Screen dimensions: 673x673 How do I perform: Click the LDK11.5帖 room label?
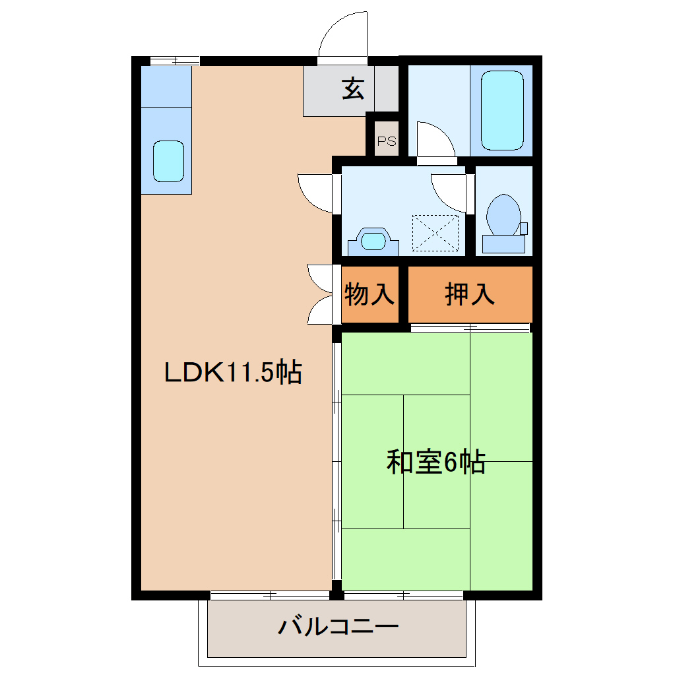pyautogui.click(x=233, y=373)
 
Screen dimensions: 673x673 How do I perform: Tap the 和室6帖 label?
pyautogui.click(x=436, y=462)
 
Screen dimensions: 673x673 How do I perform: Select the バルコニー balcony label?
pyautogui.click(x=338, y=625)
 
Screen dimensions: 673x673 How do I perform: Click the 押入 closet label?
pyautogui.click(x=470, y=294)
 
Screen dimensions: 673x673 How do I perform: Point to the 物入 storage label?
pyautogui.click(x=370, y=294)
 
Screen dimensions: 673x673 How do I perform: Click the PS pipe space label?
pyautogui.click(x=387, y=141)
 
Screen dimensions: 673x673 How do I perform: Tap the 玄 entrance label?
pyautogui.click(x=353, y=88)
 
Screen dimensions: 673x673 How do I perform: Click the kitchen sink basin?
pyautogui.click(x=168, y=161)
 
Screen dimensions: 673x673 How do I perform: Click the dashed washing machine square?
pyautogui.click(x=435, y=232)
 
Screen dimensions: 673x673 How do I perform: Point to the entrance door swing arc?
pyautogui.click(x=341, y=34)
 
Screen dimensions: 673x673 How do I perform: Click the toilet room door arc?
pyautogui.click(x=450, y=191)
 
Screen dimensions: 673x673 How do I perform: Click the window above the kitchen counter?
pyautogui.click(x=174, y=61)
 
